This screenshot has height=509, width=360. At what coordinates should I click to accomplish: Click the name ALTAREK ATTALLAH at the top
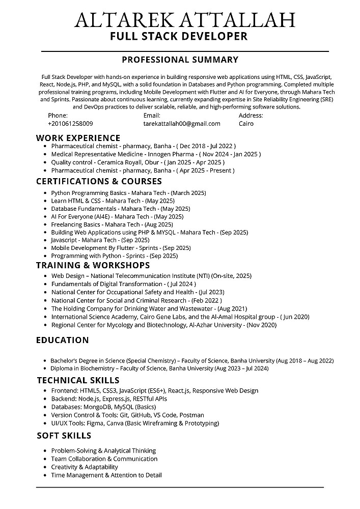pyautogui.click(x=185, y=20)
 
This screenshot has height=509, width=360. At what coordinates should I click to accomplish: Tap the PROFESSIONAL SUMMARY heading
pyautogui.click(x=180, y=60)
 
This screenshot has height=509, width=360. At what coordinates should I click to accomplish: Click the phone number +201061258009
pyautogui.click(x=70, y=124)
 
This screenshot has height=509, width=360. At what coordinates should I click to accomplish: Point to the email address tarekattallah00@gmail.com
pyautogui.click(x=182, y=124)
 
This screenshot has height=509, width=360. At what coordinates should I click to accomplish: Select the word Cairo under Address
pyautogui.click(x=246, y=124)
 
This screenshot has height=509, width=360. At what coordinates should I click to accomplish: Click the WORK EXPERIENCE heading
pyautogui.click(x=78, y=138)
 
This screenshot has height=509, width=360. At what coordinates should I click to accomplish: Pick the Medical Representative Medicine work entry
pyautogui.click(x=156, y=154)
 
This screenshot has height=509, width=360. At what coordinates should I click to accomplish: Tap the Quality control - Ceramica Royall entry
pyautogui.click(x=137, y=162)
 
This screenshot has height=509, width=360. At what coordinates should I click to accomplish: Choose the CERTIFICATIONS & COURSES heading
pyautogui.click(x=99, y=181)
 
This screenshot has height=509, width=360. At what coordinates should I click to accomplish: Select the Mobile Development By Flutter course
pyautogui.click(x=121, y=248)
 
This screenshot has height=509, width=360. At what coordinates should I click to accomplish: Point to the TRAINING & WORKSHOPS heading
pyautogui.click(x=93, y=265)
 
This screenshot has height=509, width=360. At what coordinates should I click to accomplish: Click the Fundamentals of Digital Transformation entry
pyautogui.click(x=123, y=284)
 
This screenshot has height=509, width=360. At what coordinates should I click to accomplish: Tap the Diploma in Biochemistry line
pyautogui.click(x=159, y=368)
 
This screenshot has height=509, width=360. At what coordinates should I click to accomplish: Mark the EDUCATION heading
pyautogui.click(x=62, y=340)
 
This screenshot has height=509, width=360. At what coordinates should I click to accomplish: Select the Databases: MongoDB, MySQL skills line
pyautogui.click(x=103, y=407)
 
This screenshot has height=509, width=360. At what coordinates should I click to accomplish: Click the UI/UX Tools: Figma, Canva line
pyautogui.click(x=135, y=423)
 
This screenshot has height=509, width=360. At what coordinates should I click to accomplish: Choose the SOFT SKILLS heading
pyautogui.click(x=64, y=435)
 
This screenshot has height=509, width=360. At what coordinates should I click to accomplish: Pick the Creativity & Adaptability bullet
pyautogui.click(x=85, y=467)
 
